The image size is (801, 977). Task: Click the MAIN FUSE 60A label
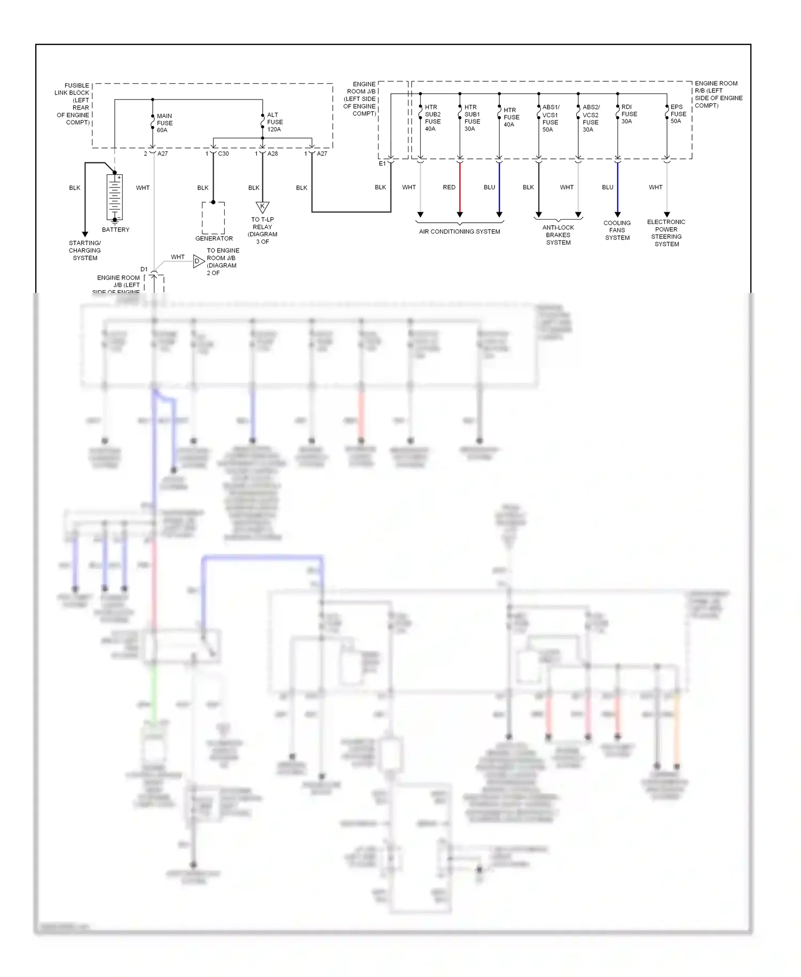(164, 123)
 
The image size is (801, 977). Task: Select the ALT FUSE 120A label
(274, 122)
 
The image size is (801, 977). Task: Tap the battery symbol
(115, 197)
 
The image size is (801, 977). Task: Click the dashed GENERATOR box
(213, 218)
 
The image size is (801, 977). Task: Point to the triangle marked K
(262, 207)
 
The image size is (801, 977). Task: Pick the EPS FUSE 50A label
(678, 114)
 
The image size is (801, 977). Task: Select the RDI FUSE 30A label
(629, 114)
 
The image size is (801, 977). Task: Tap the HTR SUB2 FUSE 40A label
(432, 118)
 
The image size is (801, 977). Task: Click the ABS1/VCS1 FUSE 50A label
(550, 118)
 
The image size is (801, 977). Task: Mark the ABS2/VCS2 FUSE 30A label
(590, 118)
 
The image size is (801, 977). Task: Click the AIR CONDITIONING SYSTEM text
(459, 231)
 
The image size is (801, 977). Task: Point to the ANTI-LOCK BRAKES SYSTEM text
(558, 235)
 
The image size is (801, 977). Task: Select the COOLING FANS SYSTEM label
(617, 230)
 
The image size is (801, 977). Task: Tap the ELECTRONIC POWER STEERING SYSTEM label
(666, 232)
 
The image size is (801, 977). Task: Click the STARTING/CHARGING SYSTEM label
(85, 250)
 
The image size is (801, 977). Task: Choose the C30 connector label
(223, 154)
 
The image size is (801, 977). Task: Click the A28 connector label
(272, 154)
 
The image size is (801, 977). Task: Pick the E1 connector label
(382, 164)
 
